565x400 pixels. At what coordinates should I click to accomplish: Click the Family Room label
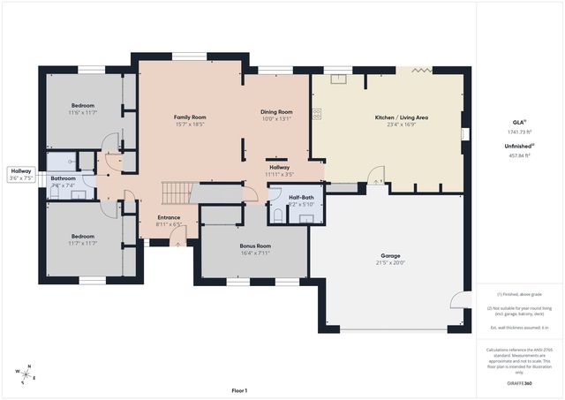click(x=189, y=117)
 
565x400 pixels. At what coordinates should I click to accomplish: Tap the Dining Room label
click(x=276, y=112)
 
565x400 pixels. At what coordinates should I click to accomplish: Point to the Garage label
click(x=390, y=256)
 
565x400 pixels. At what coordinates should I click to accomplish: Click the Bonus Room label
click(x=255, y=245)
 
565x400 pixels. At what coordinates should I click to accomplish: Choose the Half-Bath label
click(x=301, y=198)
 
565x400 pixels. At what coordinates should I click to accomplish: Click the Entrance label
click(x=169, y=217)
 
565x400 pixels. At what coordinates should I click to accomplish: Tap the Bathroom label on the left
click(x=63, y=178)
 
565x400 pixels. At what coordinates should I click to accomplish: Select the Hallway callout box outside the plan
click(x=21, y=174)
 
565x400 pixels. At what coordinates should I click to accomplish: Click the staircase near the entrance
click(x=176, y=193)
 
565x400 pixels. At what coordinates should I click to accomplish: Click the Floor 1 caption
click(x=239, y=389)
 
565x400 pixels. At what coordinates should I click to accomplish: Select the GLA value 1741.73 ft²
click(x=520, y=132)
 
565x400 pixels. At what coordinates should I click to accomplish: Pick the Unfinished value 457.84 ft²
click(x=520, y=155)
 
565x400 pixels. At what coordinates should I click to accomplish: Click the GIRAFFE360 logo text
click(x=520, y=383)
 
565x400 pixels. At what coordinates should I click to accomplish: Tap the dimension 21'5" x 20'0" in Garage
click(x=390, y=263)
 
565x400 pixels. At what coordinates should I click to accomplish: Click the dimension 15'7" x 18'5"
click(x=189, y=125)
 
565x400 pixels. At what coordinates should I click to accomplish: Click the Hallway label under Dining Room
click(x=279, y=167)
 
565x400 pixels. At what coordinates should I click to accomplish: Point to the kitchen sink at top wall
click(x=336, y=78)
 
